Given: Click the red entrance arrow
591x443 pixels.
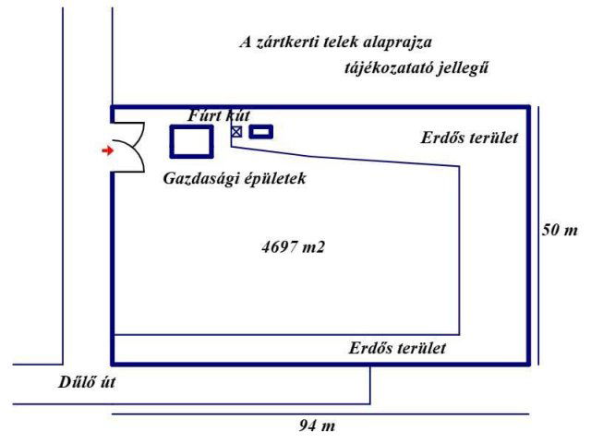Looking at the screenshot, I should click(x=107, y=150).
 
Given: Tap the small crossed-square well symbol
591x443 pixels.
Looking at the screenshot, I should click(x=236, y=132).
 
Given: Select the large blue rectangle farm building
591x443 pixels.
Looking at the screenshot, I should click(x=191, y=140).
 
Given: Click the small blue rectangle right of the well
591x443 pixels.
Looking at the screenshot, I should click(x=261, y=132).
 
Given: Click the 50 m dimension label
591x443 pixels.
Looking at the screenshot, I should click(x=560, y=229).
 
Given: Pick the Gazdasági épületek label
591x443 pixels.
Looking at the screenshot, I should click(x=234, y=178).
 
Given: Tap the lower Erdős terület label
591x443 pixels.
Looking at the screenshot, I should click(x=397, y=349).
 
